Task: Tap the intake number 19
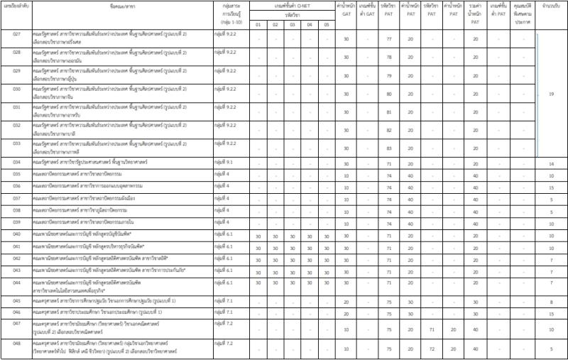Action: (x=551, y=94)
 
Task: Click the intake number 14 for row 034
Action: (x=551, y=164)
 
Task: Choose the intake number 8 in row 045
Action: (x=551, y=302)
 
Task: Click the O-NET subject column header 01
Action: (x=258, y=25)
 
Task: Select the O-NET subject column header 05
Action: (x=326, y=25)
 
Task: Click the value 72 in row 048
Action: (x=432, y=349)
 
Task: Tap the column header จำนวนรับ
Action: (x=551, y=13)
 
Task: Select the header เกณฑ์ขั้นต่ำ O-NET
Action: (x=292, y=5)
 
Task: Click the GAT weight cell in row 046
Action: (x=346, y=312)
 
